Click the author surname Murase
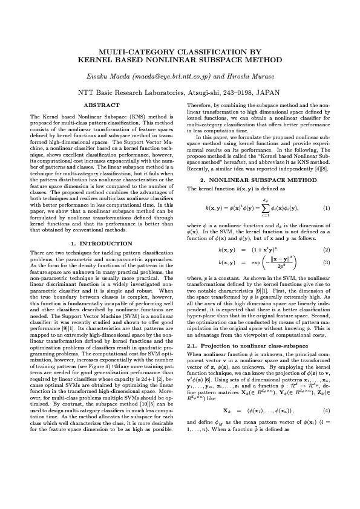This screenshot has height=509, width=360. click(x=257, y=77)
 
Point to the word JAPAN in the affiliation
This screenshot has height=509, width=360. click(x=268, y=93)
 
